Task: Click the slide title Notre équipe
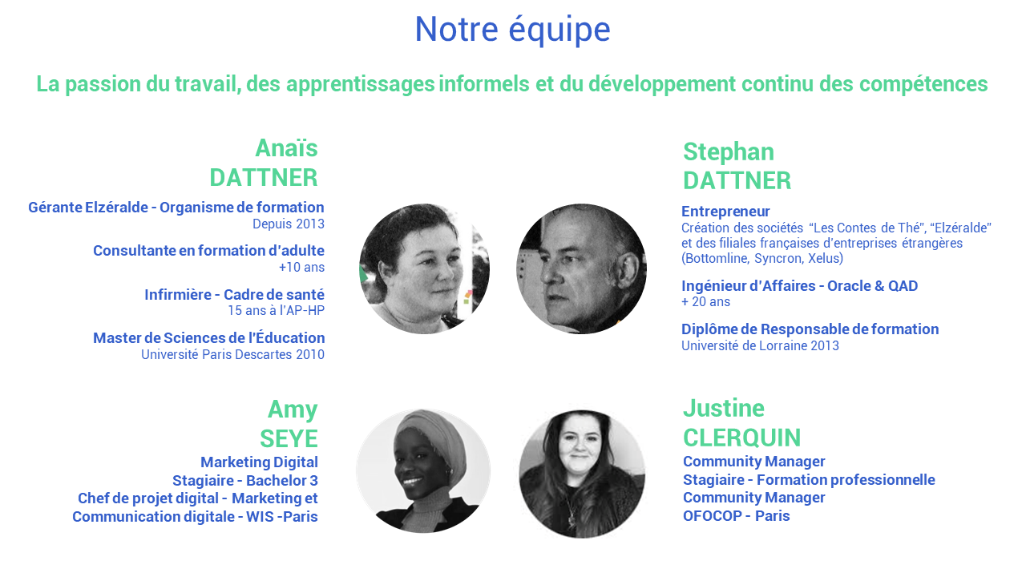[512, 30]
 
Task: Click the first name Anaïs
[286, 148]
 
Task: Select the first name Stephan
[729, 152]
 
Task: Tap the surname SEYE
[289, 438]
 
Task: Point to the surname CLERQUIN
[742, 438]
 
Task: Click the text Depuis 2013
[289, 224]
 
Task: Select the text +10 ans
[301, 267]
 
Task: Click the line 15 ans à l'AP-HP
[277, 310]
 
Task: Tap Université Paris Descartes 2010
[232, 354]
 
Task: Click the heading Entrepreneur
[725, 212]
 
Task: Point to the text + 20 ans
[705, 302]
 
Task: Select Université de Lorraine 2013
[760, 345]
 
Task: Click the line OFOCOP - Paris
[736, 516]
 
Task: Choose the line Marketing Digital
[259, 462]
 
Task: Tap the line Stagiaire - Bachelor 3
[245, 481]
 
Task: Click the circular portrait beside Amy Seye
[423, 471]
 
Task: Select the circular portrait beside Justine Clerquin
[582, 474]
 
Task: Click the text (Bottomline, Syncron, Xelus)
[762, 258]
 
